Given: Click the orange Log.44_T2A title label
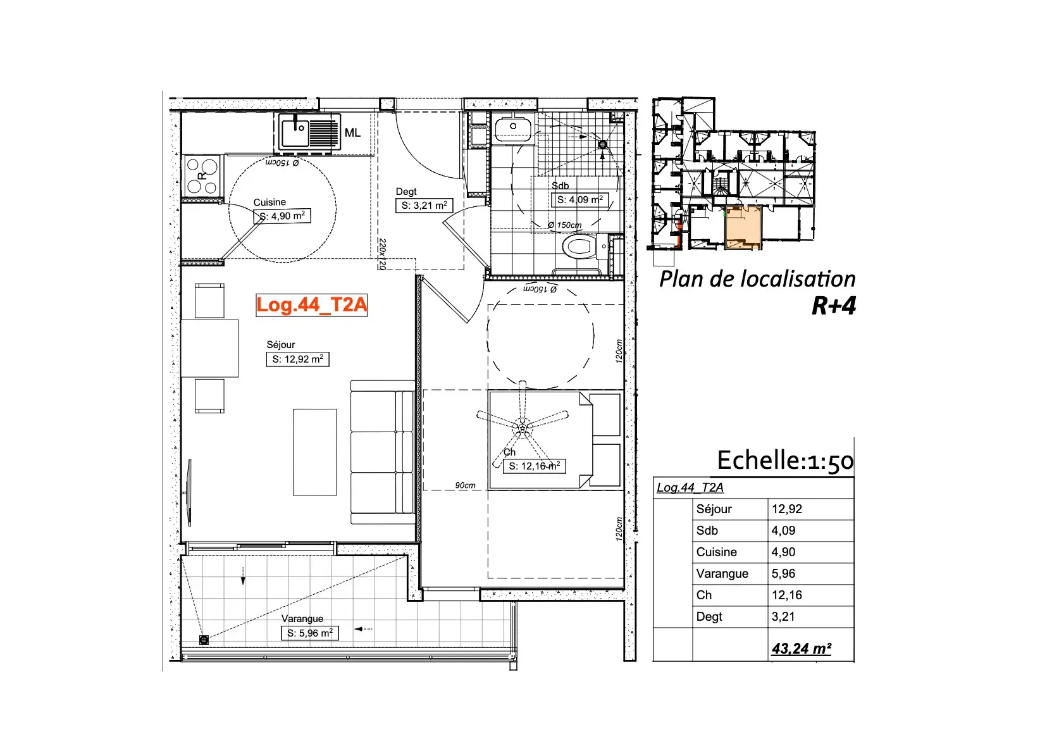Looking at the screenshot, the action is click(311, 305).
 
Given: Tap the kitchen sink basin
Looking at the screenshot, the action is click(295, 132).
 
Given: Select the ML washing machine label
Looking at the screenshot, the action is click(352, 133).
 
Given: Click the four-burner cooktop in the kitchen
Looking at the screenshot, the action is click(202, 175).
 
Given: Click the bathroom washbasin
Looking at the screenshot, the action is click(513, 128).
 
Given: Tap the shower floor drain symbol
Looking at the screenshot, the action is click(603, 144).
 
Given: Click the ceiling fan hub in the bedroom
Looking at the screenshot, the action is click(523, 426).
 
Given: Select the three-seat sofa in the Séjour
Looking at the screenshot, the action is click(382, 452).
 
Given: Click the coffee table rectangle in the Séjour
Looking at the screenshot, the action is click(315, 452).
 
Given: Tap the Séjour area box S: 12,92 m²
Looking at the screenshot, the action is click(297, 359).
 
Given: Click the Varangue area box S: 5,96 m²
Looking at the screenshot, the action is click(310, 633).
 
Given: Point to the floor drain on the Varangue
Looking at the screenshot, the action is click(204, 640).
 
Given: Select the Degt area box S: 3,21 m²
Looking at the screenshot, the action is click(424, 205).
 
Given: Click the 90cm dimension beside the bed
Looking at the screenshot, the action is click(465, 485).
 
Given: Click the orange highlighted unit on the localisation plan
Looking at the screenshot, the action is click(743, 227).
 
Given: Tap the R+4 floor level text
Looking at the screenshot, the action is click(833, 306).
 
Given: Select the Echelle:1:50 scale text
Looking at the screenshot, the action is click(785, 461).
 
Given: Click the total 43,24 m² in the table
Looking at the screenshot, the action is click(802, 649).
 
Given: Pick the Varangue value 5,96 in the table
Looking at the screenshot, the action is click(783, 574).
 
